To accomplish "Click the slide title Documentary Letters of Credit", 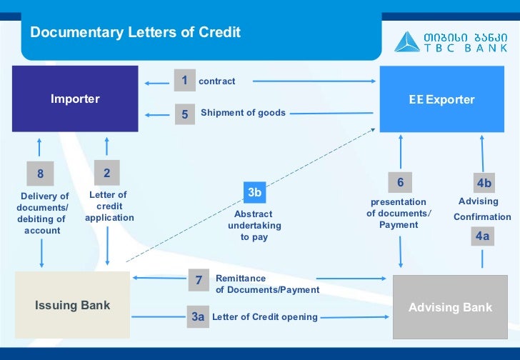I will (x=135, y=32).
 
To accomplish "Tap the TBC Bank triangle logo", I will (x=408, y=41).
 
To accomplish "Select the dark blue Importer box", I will (x=75, y=99).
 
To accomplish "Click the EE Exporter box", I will (x=441, y=99).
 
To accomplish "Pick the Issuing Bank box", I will (x=72, y=305).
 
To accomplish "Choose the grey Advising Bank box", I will (x=450, y=307).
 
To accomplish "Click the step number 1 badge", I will (x=184, y=81).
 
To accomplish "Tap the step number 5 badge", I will (x=184, y=114).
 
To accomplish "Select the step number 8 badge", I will (x=40, y=174).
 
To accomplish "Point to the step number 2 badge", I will (x=106, y=173).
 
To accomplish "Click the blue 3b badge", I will (x=255, y=192).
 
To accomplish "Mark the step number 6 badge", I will (x=400, y=183).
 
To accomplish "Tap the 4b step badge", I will (x=484, y=184).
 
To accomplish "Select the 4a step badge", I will (x=483, y=236).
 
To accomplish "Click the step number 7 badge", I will (x=199, y=281).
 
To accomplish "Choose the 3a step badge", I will (x=198, y=316).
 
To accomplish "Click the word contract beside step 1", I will (x=216, y=81).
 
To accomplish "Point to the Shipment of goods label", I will (x=243, y=113).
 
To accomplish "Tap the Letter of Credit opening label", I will (x=265, y=317).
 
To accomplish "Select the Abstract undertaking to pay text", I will (x=254, y=225).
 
